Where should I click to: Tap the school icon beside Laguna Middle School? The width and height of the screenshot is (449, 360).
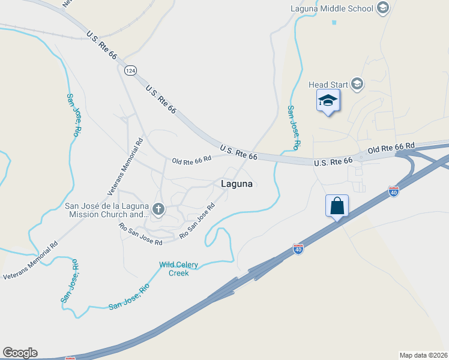tap(382, 8)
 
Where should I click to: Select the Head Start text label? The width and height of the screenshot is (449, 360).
tap(328, 85)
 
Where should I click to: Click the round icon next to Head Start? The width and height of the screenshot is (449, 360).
tap(357, 84)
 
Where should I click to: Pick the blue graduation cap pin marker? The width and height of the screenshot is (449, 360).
tap(328, 101)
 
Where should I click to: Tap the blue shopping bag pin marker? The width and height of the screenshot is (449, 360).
tap(337, 206)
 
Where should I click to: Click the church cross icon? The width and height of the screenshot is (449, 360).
tap(158, 209)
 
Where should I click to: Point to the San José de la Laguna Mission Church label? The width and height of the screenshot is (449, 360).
tap(106, 210)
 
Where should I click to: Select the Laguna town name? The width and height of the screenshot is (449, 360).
tap(237, 184)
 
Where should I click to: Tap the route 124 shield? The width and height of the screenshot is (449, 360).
tap(130, 71)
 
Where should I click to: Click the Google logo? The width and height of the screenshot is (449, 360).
tap(20, 353)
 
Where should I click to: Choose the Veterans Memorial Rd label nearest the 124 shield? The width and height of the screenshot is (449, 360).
tap(125, 166)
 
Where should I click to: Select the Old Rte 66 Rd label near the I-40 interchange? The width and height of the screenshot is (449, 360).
tap(391, 147)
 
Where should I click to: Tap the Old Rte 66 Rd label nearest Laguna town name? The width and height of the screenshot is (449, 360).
tap(191, 160)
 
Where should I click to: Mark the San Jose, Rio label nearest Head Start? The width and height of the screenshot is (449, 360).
tap(293, 128)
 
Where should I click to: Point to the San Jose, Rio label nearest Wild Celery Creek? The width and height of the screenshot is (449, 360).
tap(128, 298)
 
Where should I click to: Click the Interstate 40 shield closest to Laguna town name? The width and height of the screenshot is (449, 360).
tap(298, 248)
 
